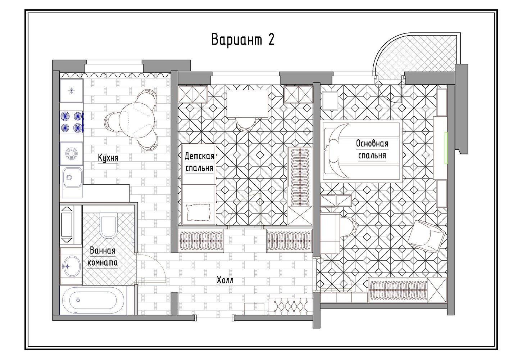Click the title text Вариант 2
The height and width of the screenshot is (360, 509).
coord(243,40)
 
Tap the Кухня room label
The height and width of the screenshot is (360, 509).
coord(108,158)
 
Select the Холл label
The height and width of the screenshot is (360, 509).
coord(225,280)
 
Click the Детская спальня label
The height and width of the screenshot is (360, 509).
coord(200,162)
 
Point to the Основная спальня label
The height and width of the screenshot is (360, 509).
coord(372,150)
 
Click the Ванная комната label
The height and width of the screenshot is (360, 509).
coord(103,257)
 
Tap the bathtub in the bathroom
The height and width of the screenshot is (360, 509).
coord(93,300)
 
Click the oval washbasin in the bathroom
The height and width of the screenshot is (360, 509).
coord(71,266)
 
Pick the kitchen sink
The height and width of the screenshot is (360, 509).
coord(73,177)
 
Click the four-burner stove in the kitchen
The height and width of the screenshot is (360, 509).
coord(72,122)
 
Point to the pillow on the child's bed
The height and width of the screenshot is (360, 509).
coord(198,212)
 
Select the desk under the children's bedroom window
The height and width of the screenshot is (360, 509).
coord(247,104)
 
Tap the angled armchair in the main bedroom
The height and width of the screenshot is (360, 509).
coord(426,237)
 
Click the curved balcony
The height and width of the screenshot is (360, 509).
coord(416,55)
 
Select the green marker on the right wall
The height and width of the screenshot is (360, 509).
coord(446,148)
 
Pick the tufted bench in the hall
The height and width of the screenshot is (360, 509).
coord(291,307)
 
